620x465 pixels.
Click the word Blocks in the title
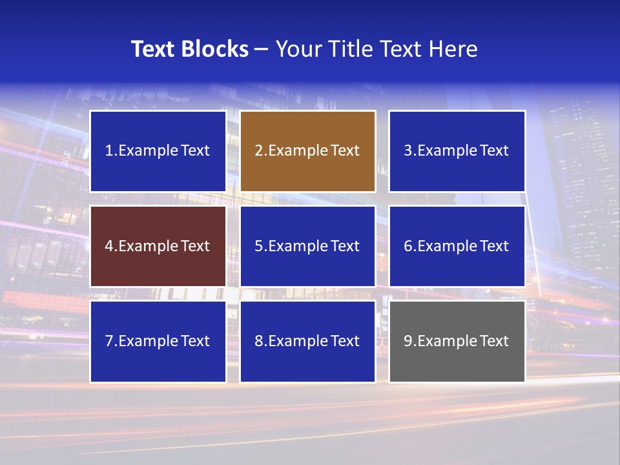click(216, 49)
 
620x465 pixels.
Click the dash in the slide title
click(262, 49)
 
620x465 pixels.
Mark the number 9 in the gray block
click(408, 341)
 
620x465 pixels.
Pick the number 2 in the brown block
click(258, 151)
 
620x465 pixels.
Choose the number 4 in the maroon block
click(109, 246)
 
